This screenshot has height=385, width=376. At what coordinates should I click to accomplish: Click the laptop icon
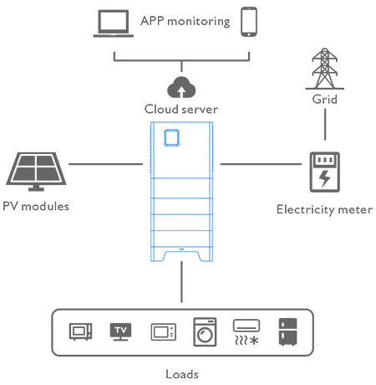[113, 23]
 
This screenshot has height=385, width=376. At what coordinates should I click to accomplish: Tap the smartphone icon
[249, 22]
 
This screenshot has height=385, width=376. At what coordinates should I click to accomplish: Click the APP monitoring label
[185, 22]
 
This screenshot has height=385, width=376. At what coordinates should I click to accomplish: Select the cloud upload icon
[181, 87]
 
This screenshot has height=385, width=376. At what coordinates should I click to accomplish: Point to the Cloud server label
[181, 109]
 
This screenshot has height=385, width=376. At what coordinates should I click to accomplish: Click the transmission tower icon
[325, 69]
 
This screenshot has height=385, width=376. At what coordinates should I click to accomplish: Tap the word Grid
[325, 100]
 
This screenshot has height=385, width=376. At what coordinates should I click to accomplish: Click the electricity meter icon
[325, 172]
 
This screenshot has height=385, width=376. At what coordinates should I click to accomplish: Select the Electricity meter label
[324, 209]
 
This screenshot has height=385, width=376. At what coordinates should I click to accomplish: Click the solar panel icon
[36, 172]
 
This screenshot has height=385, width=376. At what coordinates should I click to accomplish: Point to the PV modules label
[36, 207]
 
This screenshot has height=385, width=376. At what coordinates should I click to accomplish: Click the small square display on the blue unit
[171, 137]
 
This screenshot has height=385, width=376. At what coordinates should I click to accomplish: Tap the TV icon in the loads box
[120, 331]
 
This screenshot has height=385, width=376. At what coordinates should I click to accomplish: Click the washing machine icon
[205, 332]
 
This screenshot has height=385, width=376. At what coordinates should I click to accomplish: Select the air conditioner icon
[246, 332]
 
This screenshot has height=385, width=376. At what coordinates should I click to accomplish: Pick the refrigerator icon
[288, 332]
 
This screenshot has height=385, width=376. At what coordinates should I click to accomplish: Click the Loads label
[182, 374]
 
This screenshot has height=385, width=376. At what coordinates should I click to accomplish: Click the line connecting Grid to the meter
[325, 125]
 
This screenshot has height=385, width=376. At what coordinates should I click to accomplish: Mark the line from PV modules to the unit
[105, 164]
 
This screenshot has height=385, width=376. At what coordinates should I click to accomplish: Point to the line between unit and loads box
[181, 282]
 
